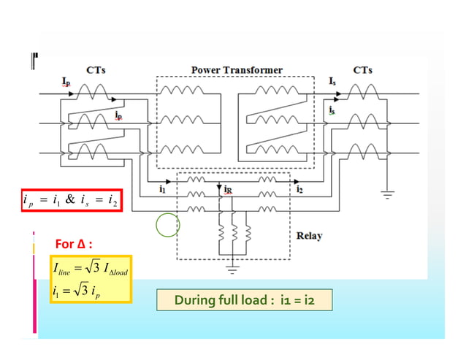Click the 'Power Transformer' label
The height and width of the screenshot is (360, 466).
[237, 70]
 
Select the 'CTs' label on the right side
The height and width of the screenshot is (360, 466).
[363, 70]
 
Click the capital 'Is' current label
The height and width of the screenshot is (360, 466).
[332, 80]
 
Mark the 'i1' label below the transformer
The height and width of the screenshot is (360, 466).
[162, 188]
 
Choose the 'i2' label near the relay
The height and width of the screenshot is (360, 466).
[300, 188]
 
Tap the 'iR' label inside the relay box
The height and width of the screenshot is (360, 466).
[228, 188]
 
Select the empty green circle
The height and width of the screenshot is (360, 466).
[167, 224]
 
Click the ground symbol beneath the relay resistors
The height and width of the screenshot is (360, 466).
[232, 269]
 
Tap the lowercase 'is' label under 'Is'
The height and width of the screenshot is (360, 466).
[332, 110]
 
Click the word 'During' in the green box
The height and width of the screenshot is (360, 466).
[192, 300]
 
